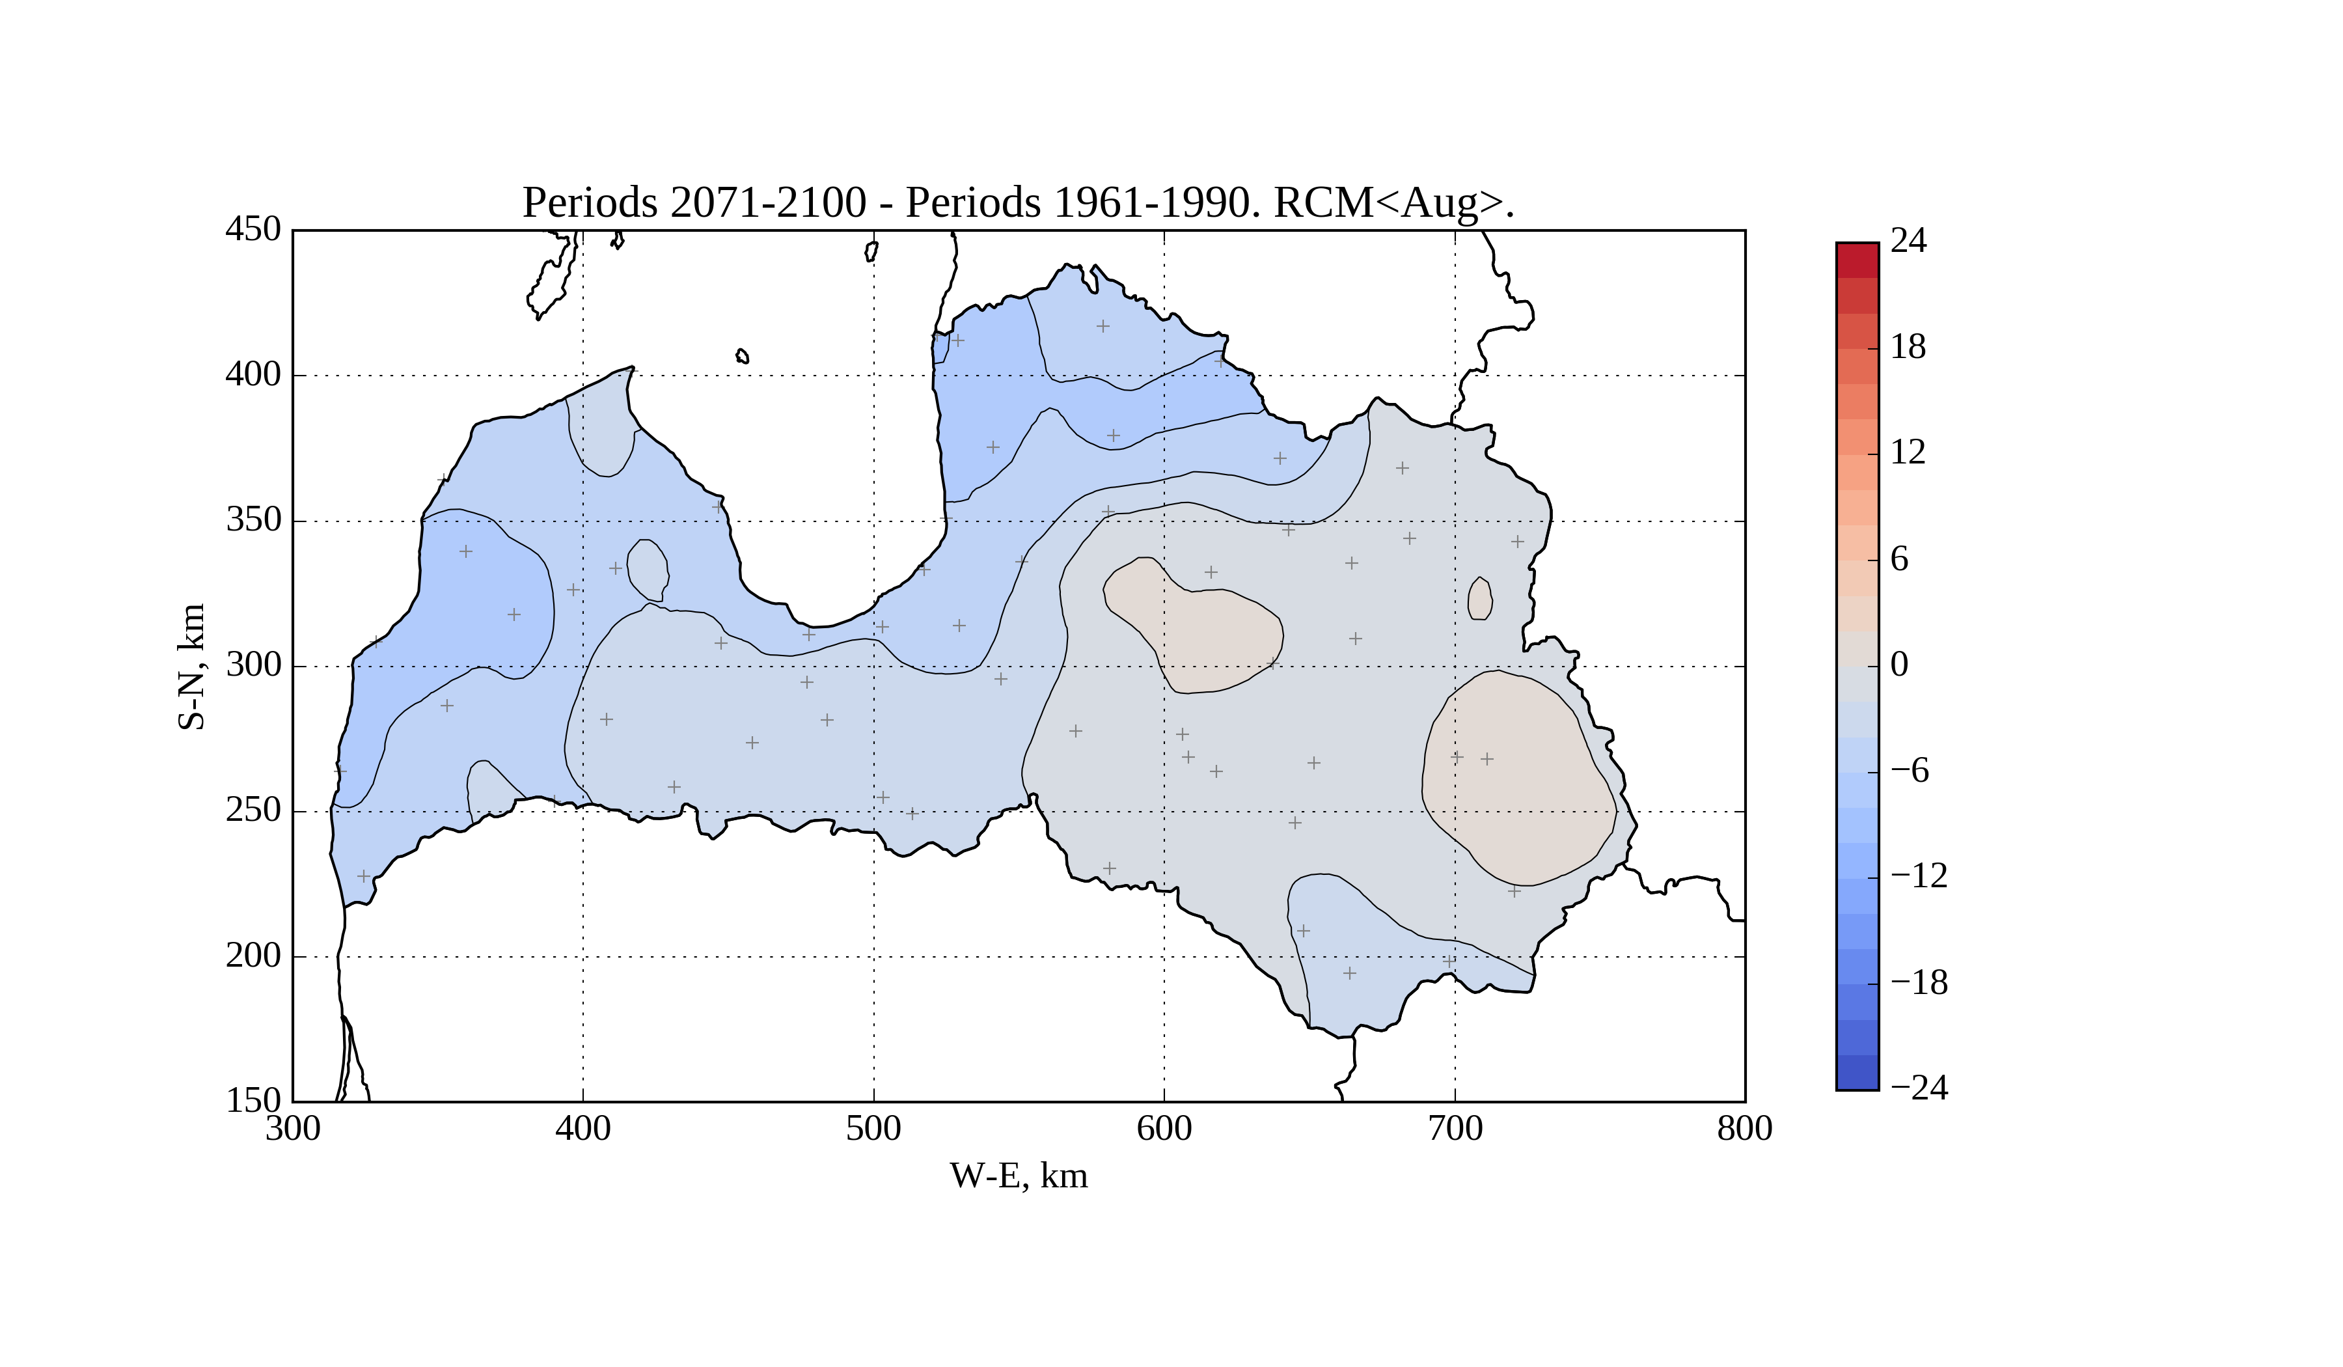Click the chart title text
(x=1018, y=202)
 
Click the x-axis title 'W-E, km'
(x=1018, y=1176)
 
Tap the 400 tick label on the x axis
(x=583, y=1129)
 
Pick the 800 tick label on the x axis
(x=1744, y=1129)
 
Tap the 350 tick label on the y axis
(x=253, y=520)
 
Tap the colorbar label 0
(x=1900, y=665)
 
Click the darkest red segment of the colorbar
(x=1857, y=260)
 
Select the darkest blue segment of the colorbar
(x=1857, y=1071)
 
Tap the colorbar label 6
(x=1900, y=559)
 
